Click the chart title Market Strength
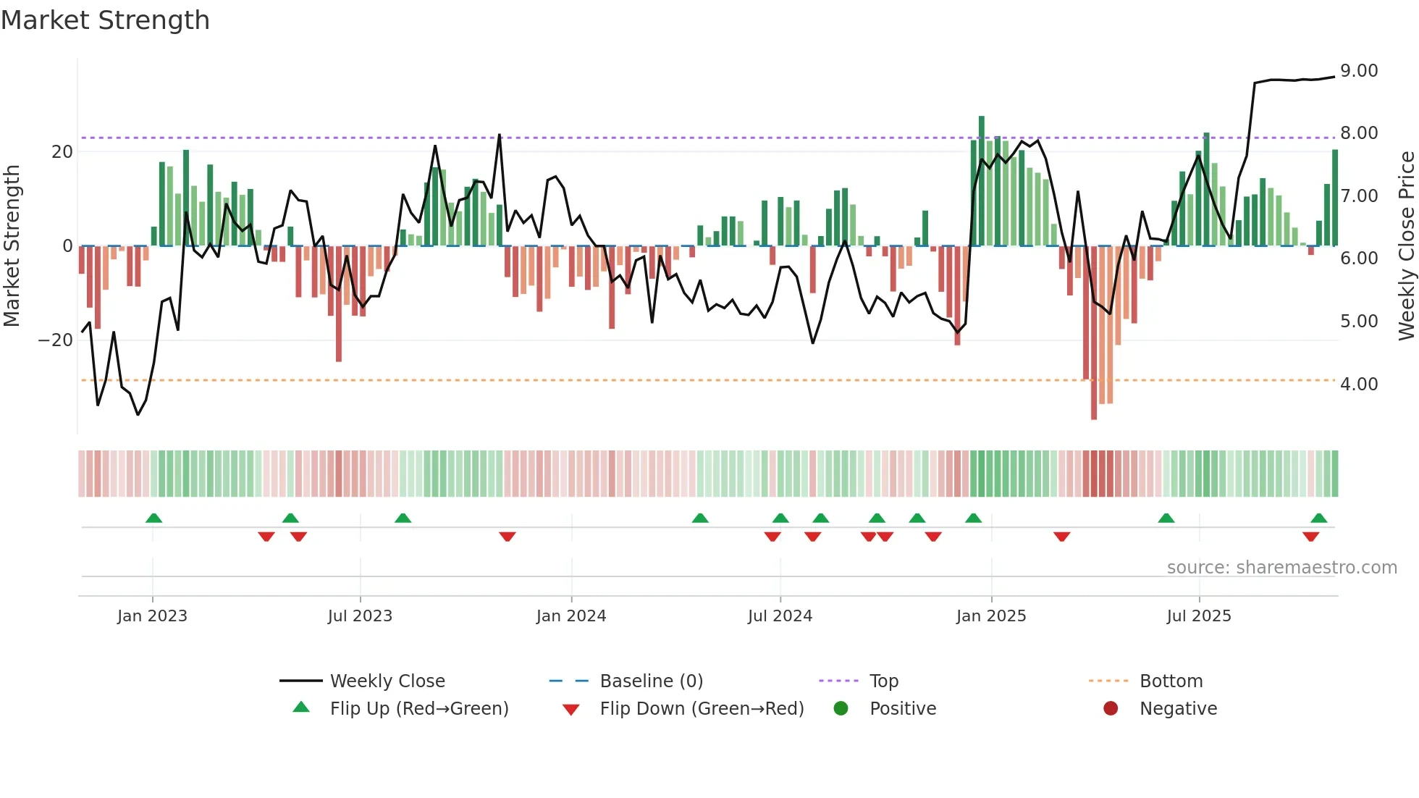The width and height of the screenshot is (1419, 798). tap(105, 20)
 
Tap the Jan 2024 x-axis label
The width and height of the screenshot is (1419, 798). tap(571, 616)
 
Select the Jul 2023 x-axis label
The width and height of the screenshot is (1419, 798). tap(360, 616)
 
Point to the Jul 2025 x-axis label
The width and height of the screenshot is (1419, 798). tap(1199, 616)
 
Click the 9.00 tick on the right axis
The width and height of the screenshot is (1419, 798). tap(1359, 71)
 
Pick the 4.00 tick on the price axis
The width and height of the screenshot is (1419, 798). tap(1359, 385)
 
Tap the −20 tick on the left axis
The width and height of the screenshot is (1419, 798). tap(56, 340)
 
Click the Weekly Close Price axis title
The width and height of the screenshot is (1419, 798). tap(1406, 246)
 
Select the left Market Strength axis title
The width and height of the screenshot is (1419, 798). tap(12, 246)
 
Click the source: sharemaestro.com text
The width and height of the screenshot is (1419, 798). tap(1281, 568)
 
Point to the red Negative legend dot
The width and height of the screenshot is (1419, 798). tap(1111, 709)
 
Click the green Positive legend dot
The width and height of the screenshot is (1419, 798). tap(841, 709)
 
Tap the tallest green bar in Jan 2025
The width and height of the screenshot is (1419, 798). tap(982, 181)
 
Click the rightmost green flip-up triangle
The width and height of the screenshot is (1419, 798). tap(1318, 518)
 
